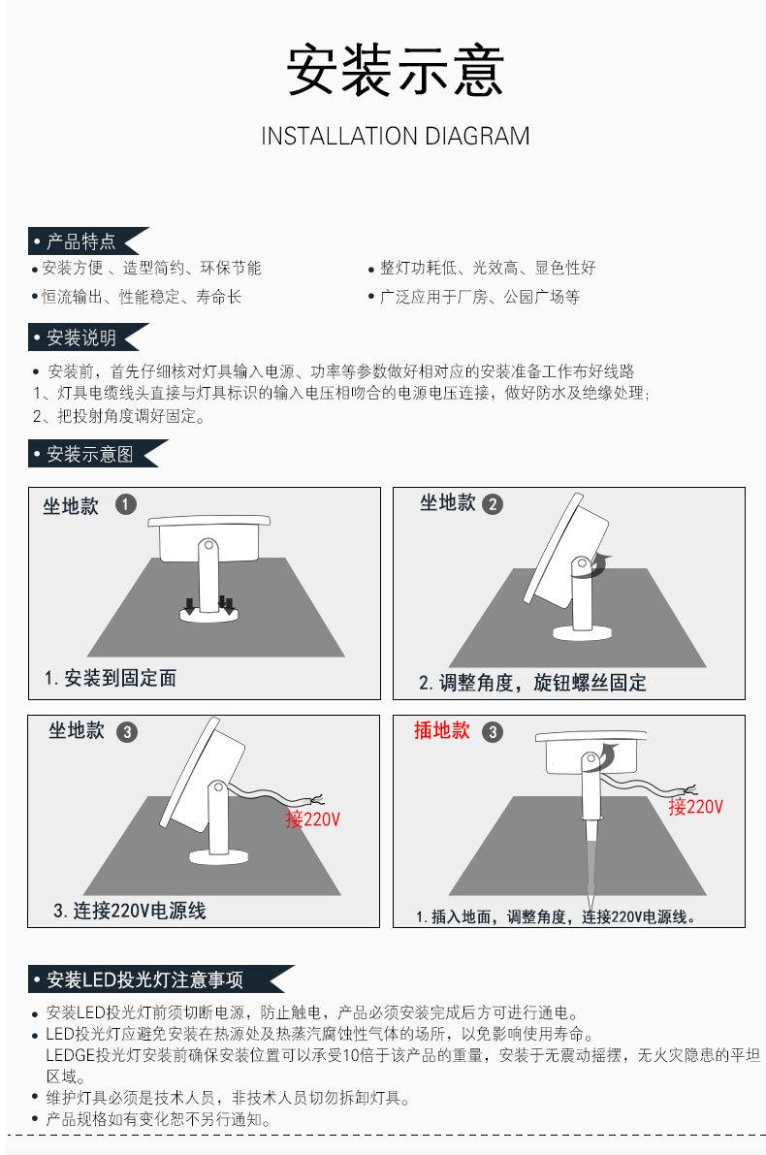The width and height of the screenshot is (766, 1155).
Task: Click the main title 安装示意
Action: click(396, 70)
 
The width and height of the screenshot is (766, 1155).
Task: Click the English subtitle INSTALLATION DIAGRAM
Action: click(396, 137)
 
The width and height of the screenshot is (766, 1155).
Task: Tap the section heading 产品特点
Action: click(81, 241)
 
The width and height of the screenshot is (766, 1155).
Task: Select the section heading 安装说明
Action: click(81, 337)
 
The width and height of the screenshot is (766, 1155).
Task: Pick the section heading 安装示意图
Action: click(90, 454)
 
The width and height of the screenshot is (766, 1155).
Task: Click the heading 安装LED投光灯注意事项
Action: click(144, 979)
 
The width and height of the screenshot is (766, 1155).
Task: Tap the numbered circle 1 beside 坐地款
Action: click(126, 504)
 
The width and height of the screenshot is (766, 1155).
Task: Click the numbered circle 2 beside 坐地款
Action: click(492, 504)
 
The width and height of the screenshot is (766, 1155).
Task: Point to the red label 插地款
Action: click(442, 730)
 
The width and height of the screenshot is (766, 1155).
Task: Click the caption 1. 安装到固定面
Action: click(111, 678)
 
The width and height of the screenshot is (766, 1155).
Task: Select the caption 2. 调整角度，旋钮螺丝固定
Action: click(532, 683)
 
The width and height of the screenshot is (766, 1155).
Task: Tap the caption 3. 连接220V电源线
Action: click(130, 911)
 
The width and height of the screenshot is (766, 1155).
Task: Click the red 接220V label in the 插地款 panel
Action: click(696, 807)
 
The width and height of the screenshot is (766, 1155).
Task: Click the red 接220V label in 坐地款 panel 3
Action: click(313, 818)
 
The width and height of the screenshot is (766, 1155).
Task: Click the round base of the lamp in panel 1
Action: click(209, 614)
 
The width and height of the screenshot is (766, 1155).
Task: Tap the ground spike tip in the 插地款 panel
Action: click(590, 912)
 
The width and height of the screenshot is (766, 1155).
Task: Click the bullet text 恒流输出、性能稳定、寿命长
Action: click(142, 297)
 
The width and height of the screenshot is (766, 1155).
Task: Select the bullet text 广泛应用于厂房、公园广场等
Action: click(480, 297)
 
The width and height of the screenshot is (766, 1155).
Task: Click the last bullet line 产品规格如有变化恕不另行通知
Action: click(158, 1120)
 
